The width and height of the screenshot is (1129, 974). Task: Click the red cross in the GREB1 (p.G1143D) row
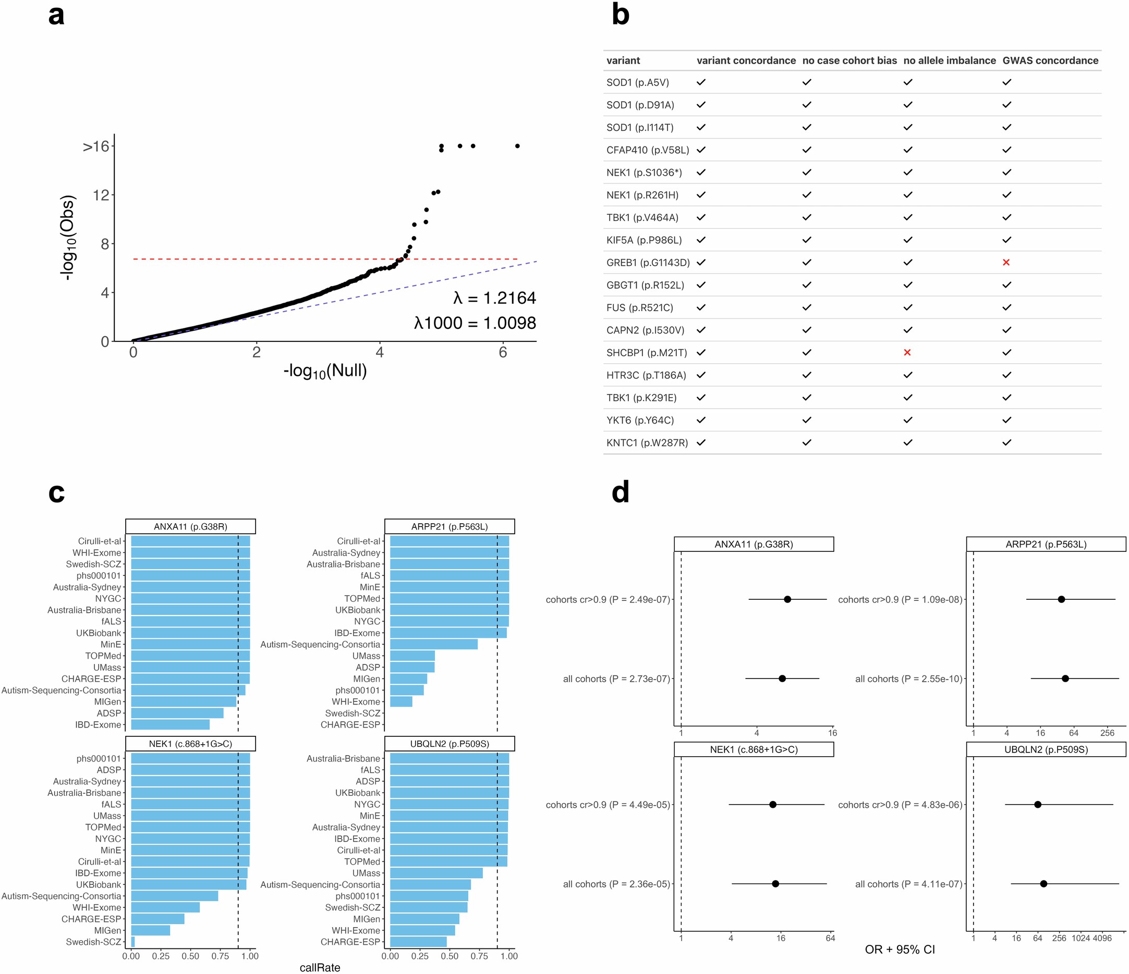pyautogui.click(x=1006, y=263)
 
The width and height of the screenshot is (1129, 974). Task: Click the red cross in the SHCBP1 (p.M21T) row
pyautogui.click(x=907, y=353)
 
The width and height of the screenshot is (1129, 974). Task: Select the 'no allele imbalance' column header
pyautogui.click(x=949, y=60)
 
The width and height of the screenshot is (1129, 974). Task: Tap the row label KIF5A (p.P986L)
pyautogui.click(x=644, y=240)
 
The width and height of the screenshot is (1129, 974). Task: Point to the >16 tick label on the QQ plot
pyautogui.click(x=96, y=146)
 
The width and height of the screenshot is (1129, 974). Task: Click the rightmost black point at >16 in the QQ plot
pyautogui.click(x=517, y=146)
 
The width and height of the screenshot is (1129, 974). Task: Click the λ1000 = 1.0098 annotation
pyautogui.click(x=475, y=323)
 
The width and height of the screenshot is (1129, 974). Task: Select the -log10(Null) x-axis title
pyautogui.click(x=325, y=371)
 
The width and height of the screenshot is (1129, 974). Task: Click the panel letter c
pyautogui.click(x=56, y=492)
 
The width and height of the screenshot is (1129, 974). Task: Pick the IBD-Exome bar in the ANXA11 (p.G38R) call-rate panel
pyautogui.click(x=170, y=725)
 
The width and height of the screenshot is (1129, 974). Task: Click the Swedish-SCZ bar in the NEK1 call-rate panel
pyautogui.click(x=133, y=942)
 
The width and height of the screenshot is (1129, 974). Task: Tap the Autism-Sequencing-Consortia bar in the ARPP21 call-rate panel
pyautogui.click(x=434, y=645)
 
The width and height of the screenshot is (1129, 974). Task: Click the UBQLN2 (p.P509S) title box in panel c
pyautogui.click(x=450, y=744)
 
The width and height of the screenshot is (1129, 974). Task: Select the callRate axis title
pyautogui.click(x=320, y=967)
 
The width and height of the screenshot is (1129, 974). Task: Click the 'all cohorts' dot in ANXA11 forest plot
pyautogui.click(x=782, y=679)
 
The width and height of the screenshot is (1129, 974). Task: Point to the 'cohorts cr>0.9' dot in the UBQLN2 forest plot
pyautogui.click(x=1037, y=805)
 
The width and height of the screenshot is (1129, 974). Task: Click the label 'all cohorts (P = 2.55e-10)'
pyautogui.click(x=908, y=679)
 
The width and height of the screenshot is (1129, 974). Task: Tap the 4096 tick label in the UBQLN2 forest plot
pyautogui.click(x=1102, y=938)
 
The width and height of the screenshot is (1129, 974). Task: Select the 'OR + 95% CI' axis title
pyautogui.click(x=900, y=950)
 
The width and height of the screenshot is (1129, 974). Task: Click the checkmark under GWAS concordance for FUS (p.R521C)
pyautogui.click(x=1006, y=307)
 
